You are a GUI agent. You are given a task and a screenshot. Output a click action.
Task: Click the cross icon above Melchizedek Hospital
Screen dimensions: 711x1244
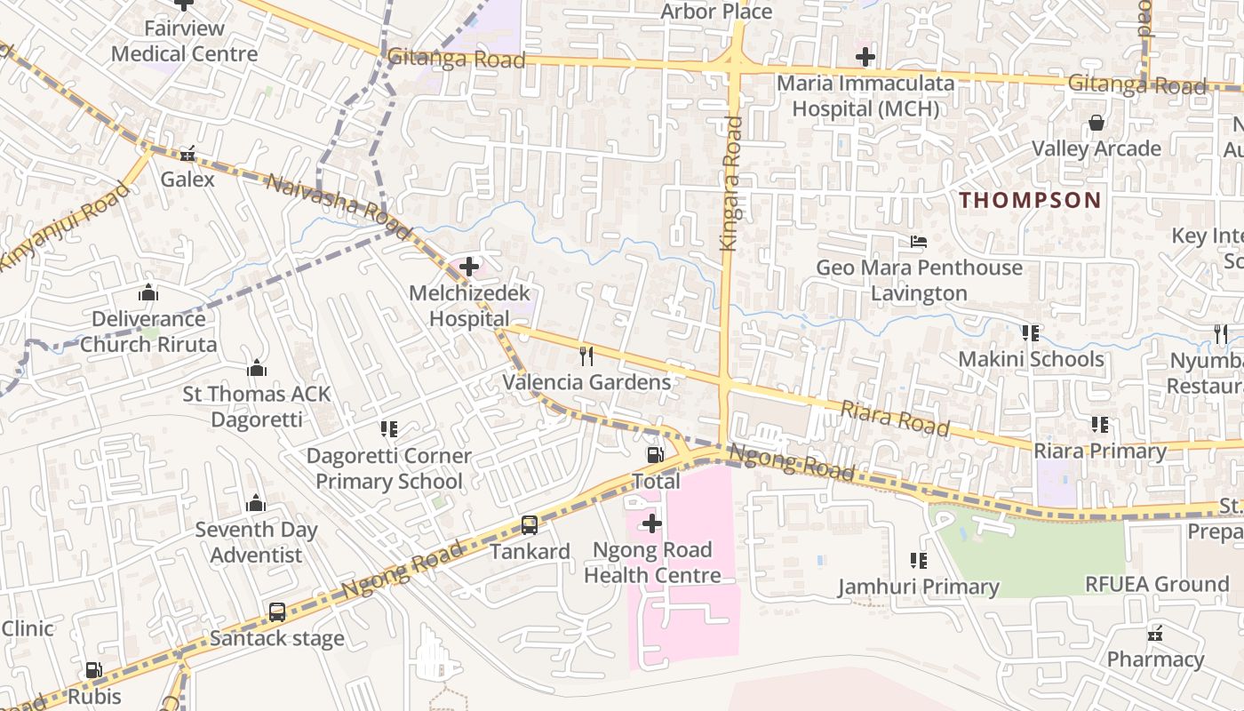(469, 267)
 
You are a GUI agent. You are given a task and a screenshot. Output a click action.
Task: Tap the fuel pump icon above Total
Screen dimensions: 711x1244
(655, 456)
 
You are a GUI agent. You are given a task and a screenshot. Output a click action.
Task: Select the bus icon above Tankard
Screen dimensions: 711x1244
(530, 525)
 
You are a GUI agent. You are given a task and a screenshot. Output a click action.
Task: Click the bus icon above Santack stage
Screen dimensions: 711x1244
(277, 612)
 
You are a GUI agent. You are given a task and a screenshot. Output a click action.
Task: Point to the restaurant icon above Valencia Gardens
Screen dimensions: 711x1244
(586, 356)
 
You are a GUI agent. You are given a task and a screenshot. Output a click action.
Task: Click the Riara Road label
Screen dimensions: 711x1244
(894, 417)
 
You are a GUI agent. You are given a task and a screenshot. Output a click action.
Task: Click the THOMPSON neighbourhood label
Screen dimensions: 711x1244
(1030, 200)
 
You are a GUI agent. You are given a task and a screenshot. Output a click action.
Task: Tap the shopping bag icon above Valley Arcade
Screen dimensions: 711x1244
(1096, 123)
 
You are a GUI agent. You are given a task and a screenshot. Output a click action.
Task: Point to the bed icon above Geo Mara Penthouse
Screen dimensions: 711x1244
(919, 242)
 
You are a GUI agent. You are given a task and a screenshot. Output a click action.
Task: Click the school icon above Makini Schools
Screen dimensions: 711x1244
(1031, 333)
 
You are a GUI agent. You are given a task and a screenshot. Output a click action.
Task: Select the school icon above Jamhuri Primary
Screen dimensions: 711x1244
(919, 561)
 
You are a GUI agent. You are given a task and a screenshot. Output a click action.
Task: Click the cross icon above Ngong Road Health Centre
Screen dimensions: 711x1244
(652, 524)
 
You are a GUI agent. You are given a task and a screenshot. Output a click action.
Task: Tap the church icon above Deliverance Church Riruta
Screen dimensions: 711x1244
(148, 292)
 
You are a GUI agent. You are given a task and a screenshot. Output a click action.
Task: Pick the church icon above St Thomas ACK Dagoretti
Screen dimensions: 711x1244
(257, 368)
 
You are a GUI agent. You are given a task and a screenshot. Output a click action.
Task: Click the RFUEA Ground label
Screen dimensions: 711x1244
(1157, 585)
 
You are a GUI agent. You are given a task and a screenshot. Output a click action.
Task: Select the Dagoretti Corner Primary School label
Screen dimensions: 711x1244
(389, 468)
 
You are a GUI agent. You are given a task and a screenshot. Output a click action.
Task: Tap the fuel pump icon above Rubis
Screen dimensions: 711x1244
(93, 670)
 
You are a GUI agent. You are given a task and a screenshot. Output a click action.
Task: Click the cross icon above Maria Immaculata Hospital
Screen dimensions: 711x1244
(865, 58)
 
